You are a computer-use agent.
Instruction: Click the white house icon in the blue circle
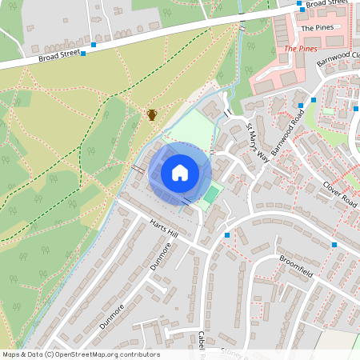(180, 173)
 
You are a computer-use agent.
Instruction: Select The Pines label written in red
(301, 49)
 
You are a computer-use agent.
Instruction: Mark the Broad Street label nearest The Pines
(326, 4)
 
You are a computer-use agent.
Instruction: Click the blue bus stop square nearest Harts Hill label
(227, 235)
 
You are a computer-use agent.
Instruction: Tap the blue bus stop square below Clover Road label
(334, 245)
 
